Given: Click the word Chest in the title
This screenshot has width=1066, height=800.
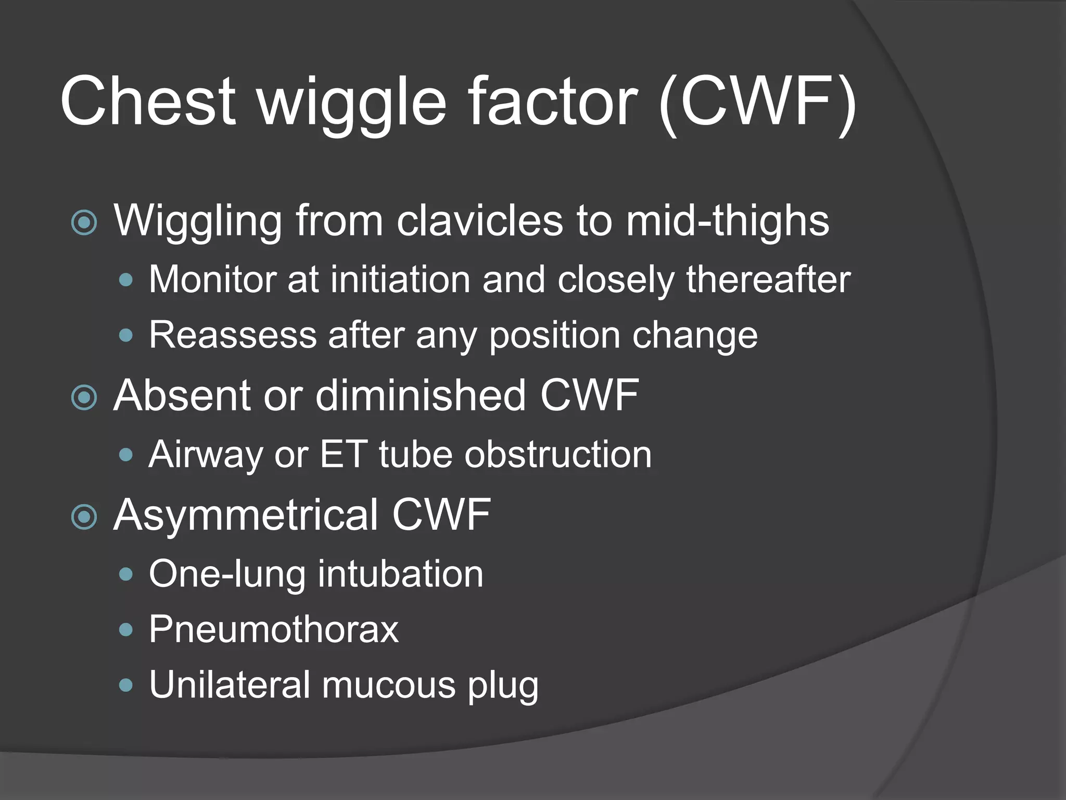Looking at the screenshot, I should tap(148, 102).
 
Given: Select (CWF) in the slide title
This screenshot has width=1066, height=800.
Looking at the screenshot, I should tap(758, 103).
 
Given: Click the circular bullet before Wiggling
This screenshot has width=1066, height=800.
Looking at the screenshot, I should tap(84, 222).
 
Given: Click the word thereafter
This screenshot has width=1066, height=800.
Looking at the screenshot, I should tap(768, 280).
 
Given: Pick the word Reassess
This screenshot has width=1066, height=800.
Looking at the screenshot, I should tap(233, 335).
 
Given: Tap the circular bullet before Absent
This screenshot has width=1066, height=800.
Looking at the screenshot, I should tap(84, 397).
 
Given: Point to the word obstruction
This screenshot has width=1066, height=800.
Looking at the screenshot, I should tap(557, 455).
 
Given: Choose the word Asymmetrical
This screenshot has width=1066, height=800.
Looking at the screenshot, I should tap(246, 516).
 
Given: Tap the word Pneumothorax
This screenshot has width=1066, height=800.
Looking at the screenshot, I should tap(274, 630).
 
